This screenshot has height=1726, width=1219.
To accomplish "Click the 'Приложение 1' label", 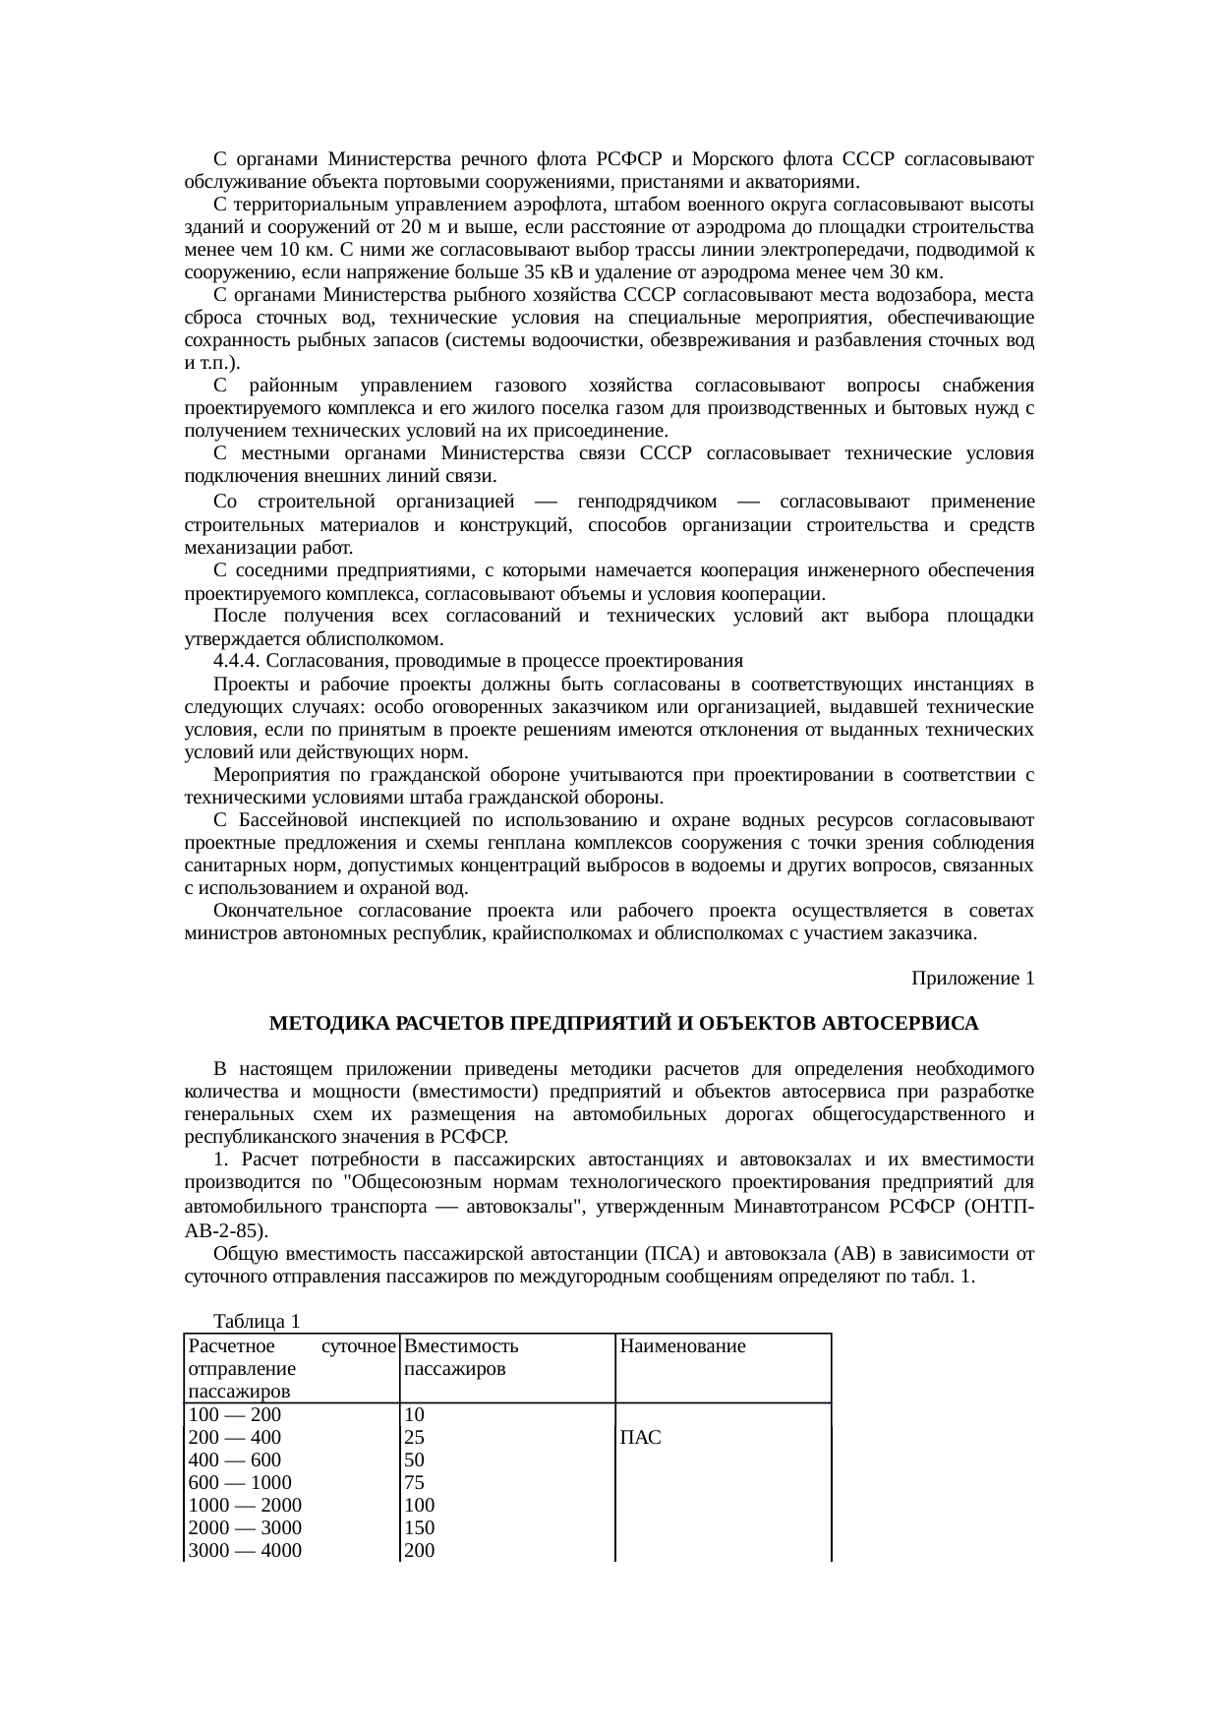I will coord(971,979).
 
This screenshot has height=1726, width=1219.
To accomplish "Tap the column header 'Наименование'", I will coord(682,1346).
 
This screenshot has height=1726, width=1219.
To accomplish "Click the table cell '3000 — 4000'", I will coord(245,1551).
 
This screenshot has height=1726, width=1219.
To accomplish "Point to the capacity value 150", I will coord(419,1528).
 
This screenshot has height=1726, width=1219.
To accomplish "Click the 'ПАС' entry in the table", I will coord(639,1438).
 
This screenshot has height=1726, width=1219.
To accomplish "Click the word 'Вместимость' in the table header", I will coord(461,1346).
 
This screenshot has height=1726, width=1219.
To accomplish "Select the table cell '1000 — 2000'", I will coord(245,1506).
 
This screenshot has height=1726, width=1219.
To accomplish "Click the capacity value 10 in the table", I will coord(414,1415).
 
